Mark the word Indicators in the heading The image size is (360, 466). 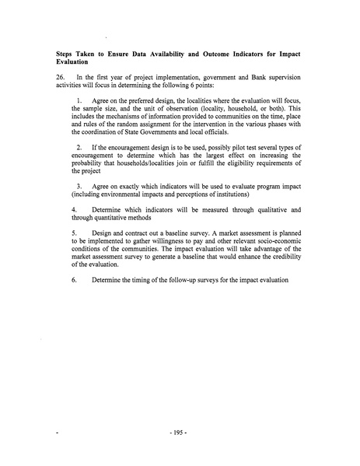pyautogui.click(x=234, y=52)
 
